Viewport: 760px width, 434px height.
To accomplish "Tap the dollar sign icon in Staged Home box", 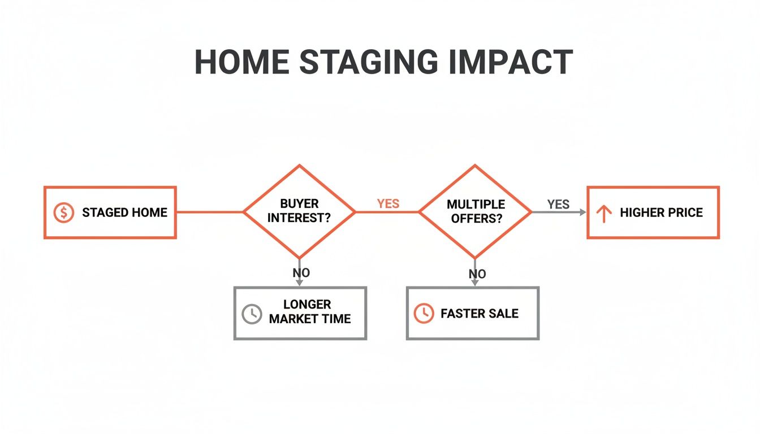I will pyautogui.click(x=63, y=212).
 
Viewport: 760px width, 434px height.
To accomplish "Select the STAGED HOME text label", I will pyautogui.click(x=124, y=212).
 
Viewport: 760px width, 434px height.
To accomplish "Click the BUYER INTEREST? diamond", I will pyautogui.click(x=299, y=211).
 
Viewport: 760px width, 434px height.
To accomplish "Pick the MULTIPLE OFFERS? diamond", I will pyautogui.click(x=475, y=211).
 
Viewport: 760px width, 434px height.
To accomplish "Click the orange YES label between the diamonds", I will pyautogui.click(x=388, y=203).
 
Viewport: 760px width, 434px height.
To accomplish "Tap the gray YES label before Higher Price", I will pyautogui.click(x=558, y=204).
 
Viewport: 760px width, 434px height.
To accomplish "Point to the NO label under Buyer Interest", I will pyautogui.click(x=301, y=273).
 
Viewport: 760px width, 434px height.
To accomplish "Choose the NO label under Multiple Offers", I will pyautogui.click(x=477, y=274).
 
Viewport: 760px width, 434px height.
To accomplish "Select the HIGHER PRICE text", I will pyautogui.click(x=661, y=212).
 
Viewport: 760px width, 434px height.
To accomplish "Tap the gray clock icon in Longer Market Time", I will pyautogui.click(x=252, y=314).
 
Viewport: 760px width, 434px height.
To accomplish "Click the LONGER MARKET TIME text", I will pyautogui.click(x=309, y=312).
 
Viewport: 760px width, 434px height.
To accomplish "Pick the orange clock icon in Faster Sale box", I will pyautogui.click(x=424, y=314).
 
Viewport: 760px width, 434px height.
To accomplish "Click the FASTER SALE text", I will pyautogui.click(x=479, y=314).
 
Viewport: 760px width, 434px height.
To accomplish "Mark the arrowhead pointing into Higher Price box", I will pyautogui.click(x=583, y=212).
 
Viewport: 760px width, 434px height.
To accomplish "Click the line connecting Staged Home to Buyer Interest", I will pyautogui.click(x=209, y=212).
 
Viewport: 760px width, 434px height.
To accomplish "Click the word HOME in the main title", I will pyautogui.click(x=241, y=62).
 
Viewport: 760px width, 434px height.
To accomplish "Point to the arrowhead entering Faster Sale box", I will pyautogui.click(x=475, y=284).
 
